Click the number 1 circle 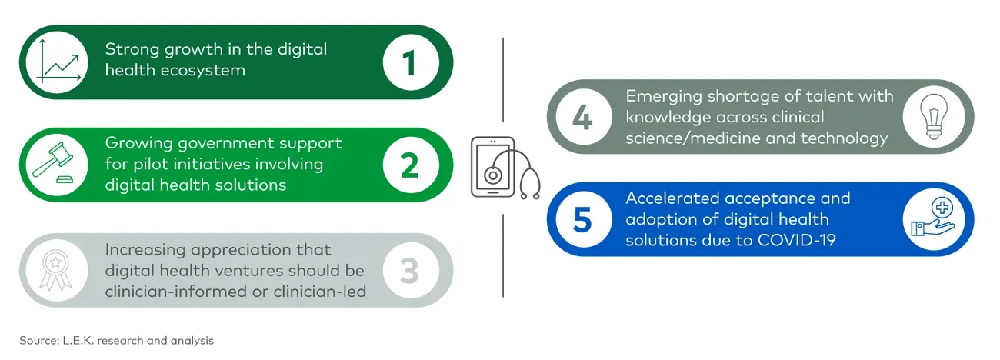[x=409, y=62]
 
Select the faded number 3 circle [x=409, y=270]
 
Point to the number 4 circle [x=582, y=117]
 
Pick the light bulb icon [x=936, y=117]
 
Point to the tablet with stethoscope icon [x=504, y=168]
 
